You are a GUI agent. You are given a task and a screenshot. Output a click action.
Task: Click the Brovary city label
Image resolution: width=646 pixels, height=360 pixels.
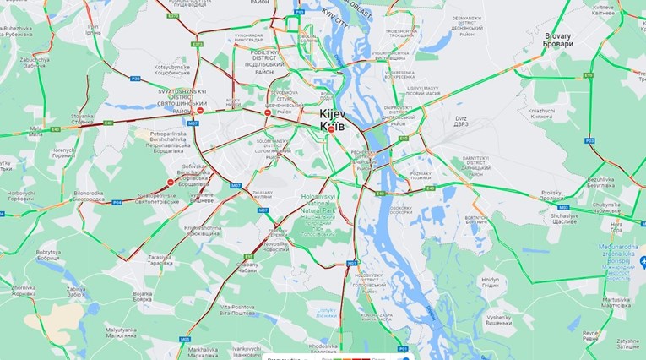click(558, 39)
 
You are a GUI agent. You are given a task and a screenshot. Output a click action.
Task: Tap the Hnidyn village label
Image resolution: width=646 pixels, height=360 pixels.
click(491, 283)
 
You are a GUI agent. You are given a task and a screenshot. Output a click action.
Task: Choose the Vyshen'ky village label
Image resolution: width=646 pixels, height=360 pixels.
click(504, 321)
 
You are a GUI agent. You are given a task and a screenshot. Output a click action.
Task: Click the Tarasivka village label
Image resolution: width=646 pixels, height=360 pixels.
click(160, 259)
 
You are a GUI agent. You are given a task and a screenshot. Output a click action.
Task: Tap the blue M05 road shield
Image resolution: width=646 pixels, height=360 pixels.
click(184, 339)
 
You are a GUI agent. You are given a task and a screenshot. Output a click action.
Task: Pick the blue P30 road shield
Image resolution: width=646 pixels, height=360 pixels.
click(135, 79)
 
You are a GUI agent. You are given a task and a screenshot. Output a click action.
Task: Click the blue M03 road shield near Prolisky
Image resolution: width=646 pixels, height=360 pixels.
click(562, 206)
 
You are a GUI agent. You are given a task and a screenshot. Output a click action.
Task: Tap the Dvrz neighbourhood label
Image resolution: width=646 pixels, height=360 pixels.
click(462, 123)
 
